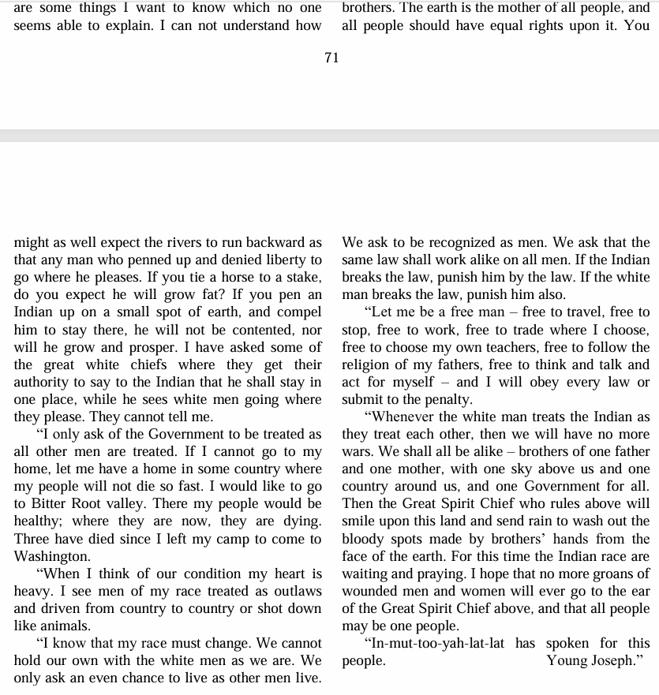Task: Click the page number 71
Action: pyautogui.click(x=331, y=58)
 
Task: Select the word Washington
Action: pyautogui.click(x=51, y=556)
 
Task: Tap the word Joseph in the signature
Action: pyautogui.click(x=616, y=660)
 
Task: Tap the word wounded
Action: pyautogui.click(x=371, y=591)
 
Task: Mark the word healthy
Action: pyautogui.click(x=40, y=521)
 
